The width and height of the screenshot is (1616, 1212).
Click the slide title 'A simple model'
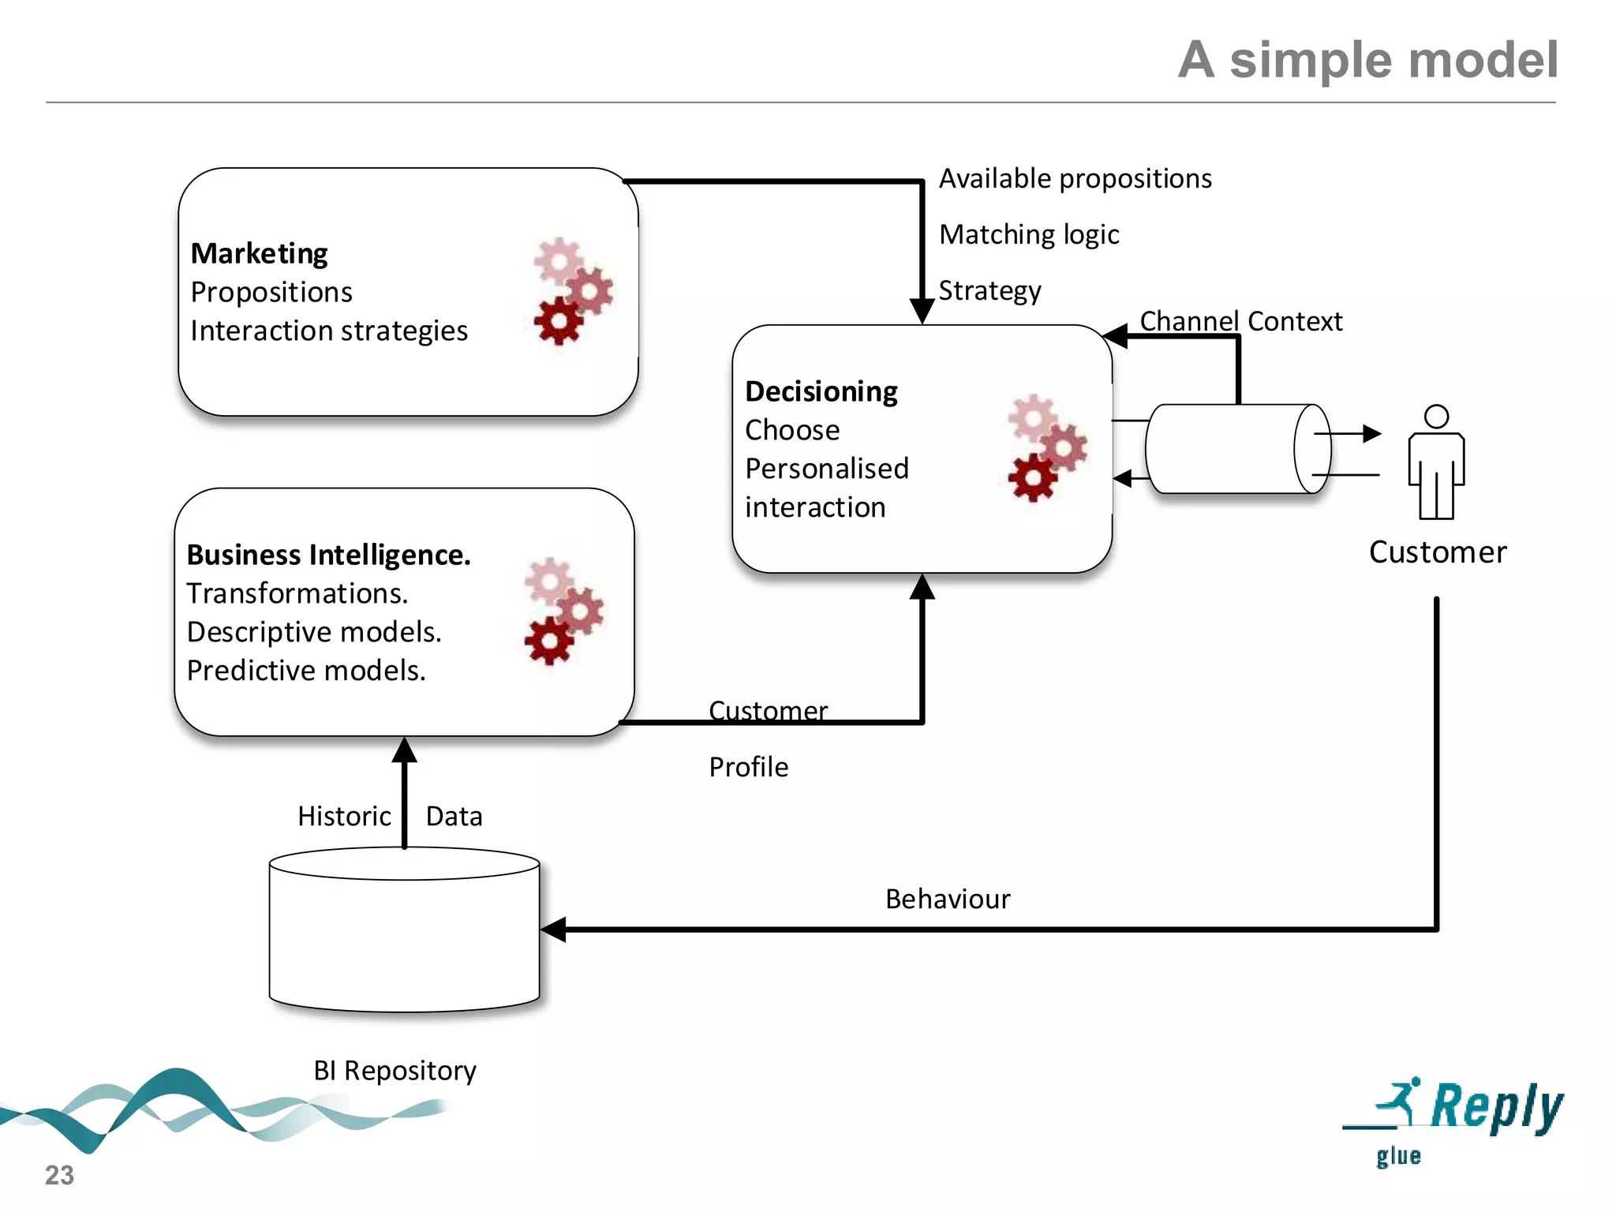point(1367,60)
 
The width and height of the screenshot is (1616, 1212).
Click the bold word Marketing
point(259,253)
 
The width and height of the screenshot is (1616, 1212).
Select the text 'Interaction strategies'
point(328,331)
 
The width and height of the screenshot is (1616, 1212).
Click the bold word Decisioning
point(821,391)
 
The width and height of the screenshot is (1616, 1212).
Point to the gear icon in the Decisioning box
point(1046,447)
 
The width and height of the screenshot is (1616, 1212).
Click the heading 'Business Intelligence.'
point(328,555)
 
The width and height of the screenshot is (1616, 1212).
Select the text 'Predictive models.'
point(306,671)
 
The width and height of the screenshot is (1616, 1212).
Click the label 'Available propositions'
point(1075,179)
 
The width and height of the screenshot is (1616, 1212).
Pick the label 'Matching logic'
point(1029,235)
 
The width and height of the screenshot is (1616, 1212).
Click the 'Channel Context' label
point(1240,321)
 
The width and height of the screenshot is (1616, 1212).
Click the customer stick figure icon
point(1436,464)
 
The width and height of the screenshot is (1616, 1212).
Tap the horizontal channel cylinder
point(1235,449)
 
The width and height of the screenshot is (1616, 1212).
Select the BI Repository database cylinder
point(404,931)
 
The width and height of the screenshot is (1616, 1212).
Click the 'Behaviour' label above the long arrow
point(947,900)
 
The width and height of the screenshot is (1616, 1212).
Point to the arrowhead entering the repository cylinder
point(555,930)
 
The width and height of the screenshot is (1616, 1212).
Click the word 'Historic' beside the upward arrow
point(344,816)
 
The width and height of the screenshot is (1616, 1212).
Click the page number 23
point(59,1175)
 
